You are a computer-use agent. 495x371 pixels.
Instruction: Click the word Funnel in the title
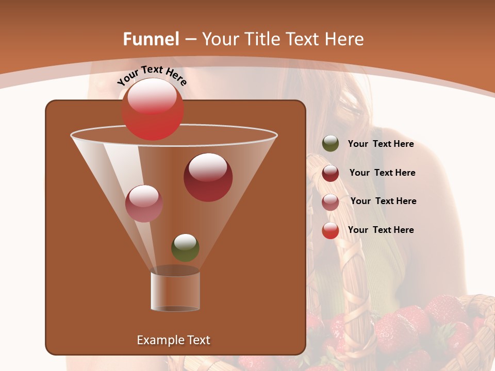pos(151,39)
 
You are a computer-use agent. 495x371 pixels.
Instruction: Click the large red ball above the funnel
pos(153,109)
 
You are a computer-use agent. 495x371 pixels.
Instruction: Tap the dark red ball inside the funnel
pos(208,177)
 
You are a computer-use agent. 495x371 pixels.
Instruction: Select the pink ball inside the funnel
pos(144,204)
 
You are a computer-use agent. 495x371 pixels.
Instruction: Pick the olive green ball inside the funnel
pos(185,248)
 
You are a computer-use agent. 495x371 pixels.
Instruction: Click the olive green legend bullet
pos(331,144)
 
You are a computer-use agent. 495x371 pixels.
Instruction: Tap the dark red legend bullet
pos(331,173)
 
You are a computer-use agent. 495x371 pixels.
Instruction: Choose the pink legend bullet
pos(331,201)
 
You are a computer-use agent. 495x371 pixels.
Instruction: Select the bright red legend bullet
pos(331,230)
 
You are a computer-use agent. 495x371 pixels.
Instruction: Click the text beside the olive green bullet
pos(381,144)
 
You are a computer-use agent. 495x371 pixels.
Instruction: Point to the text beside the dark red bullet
pos(382,173)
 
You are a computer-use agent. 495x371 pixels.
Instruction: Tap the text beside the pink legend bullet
pos(383,201)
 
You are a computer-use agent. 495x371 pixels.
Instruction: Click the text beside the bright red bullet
pos(381,230)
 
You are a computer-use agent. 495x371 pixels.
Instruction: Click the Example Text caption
pos(173,340)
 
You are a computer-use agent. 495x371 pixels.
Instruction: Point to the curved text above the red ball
pos(152,75)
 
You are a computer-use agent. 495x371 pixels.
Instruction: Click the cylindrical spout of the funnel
pos(175,291)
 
